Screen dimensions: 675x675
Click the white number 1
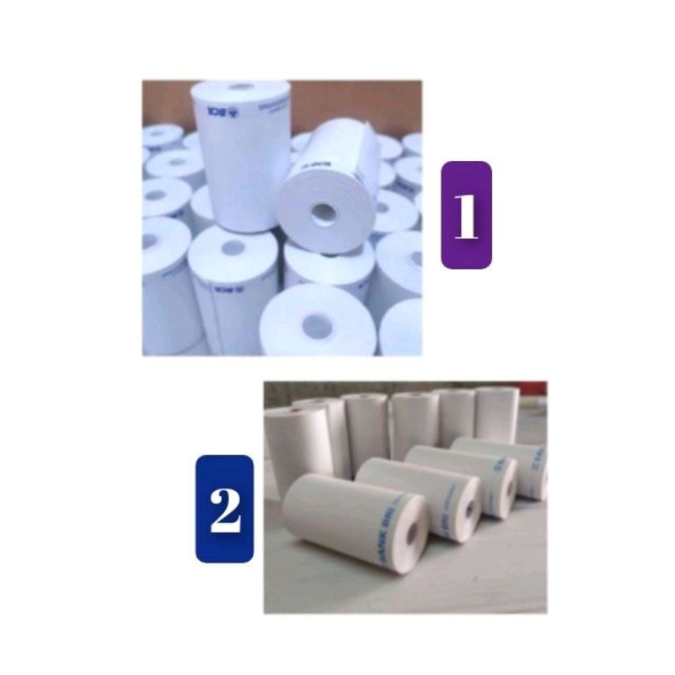(465, 215)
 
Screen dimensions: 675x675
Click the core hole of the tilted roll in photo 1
(324, 212)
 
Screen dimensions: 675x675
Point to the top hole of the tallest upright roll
(242, 87)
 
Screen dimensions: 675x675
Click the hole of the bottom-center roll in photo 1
(316, 326)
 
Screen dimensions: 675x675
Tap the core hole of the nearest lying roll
(412, 533)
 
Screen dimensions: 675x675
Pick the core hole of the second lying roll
(469, 509)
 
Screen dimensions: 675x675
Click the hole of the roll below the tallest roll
(233, 249)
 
